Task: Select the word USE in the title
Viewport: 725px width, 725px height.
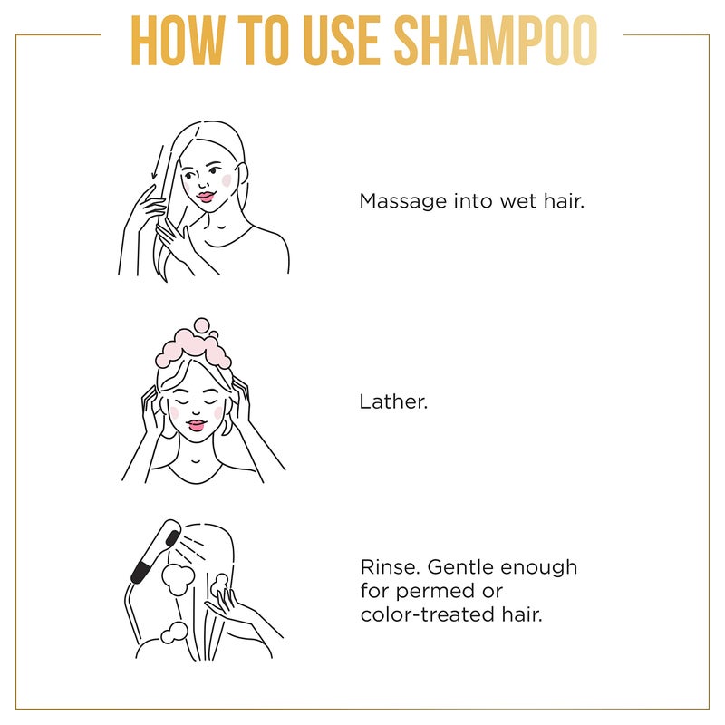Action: [x=333, y=41]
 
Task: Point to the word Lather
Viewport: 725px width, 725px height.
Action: [x=393, y=401]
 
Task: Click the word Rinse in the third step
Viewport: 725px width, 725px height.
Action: [x=387, y=568]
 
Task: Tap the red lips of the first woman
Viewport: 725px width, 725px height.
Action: [x=206, y=196]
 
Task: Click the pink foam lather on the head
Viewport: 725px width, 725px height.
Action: [x=191, y=349]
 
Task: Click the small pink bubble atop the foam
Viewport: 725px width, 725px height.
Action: [x=202, y=324]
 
